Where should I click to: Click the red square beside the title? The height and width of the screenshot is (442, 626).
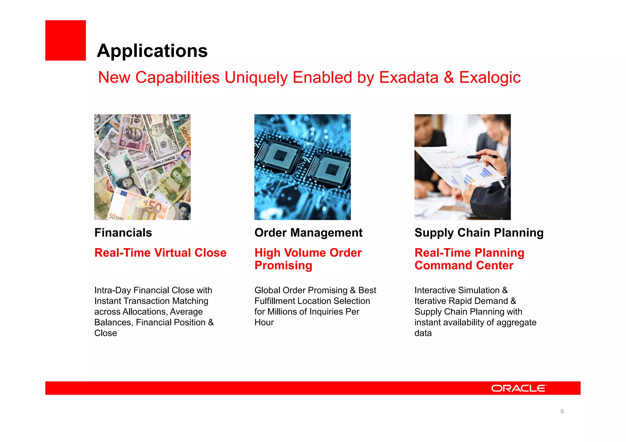coord(65,40)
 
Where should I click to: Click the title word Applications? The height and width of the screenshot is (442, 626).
coord(152,51)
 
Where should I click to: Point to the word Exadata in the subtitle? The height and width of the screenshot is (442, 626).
coord(409,77)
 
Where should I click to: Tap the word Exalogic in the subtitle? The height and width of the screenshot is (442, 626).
coord(490,77)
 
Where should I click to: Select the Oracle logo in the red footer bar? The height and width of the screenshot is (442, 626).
coord(518,388)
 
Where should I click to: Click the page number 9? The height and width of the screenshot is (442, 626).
coord(562,411)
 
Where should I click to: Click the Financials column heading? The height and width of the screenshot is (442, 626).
coord(123,233)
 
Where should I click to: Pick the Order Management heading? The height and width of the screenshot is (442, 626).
coord(308,233)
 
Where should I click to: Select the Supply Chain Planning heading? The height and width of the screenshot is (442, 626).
coord(479,233)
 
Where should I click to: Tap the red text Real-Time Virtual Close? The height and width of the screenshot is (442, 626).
coord(160,253)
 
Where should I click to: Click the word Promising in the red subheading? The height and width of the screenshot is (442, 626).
coord(283,265)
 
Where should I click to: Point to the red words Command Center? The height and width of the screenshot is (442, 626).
coord(464,265)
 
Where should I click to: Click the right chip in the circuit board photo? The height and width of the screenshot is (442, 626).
coord(332,170)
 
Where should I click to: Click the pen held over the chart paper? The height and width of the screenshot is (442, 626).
coord(481,157)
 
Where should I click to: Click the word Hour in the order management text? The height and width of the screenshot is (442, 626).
coord(264,323)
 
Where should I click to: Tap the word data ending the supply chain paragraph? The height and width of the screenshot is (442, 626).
coord(423,333)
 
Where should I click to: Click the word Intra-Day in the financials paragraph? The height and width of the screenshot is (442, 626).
coord(112,290)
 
